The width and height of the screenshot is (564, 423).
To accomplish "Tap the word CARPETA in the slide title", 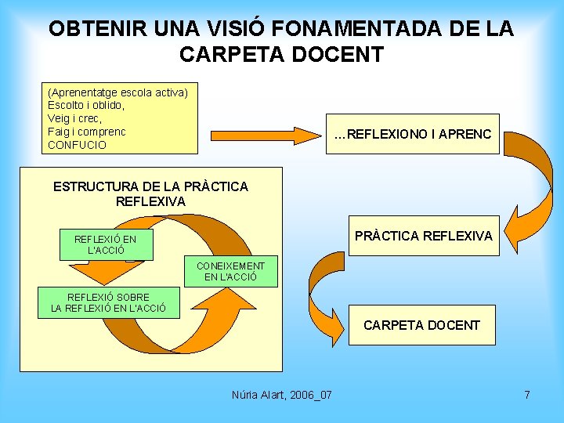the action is click(x=227, y=55).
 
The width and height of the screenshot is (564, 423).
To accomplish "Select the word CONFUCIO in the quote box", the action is click(x=77, y=145).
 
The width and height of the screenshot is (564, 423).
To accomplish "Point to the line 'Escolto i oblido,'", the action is click(x=86, y=105).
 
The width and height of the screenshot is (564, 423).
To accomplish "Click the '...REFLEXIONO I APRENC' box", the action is click(x=413, y=133).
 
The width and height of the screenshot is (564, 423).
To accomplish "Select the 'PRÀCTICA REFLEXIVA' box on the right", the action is click(x=424, y=236).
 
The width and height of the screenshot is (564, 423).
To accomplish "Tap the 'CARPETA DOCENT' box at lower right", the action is click(x=422, y=325).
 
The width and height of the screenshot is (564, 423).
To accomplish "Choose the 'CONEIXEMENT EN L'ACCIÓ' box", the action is click(x=230, y=271).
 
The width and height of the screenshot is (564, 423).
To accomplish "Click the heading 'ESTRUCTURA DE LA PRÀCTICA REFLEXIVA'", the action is click(x=150, y=194).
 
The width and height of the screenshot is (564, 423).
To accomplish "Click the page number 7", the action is click(x=527, y=395).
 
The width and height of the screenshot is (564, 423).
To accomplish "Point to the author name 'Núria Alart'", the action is click(x=258, y=395).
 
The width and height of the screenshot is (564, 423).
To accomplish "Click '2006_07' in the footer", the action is click(x=310, y=395).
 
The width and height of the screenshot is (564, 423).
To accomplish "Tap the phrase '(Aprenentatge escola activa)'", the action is click(x=117, y=92).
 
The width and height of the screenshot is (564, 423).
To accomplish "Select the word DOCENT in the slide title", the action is click(x=345, y=55).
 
